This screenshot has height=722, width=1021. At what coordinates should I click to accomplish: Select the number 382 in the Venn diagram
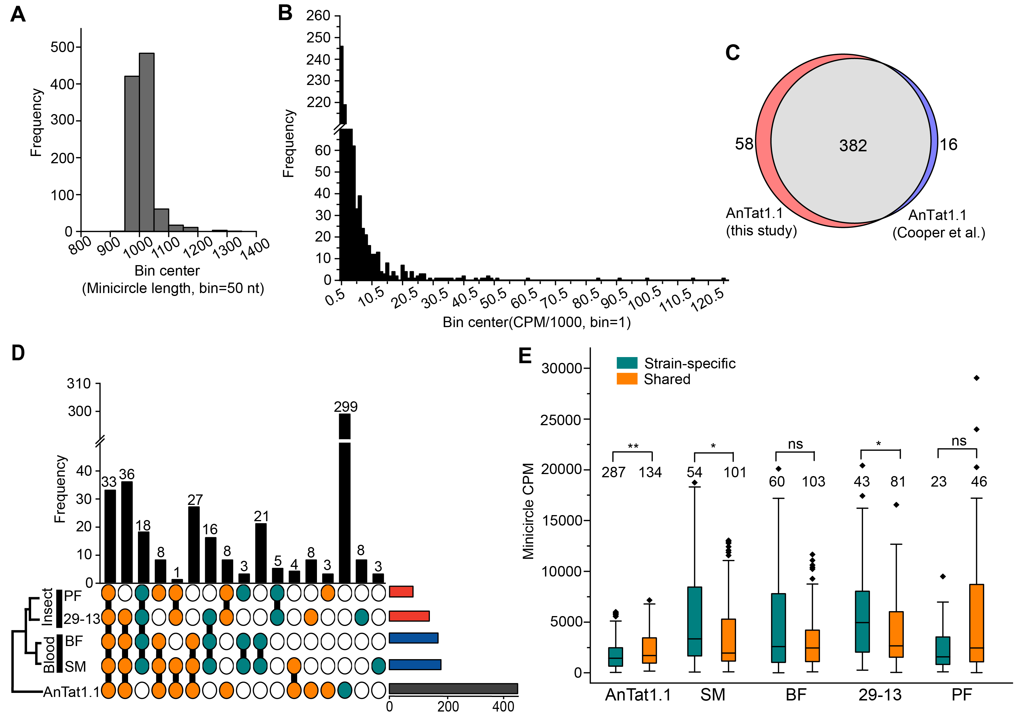click(x=852, y=146)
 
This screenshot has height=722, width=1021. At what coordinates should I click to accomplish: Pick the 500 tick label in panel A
click(x=62, y=47)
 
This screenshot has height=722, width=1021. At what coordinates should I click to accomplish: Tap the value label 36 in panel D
click(x=127, y=474)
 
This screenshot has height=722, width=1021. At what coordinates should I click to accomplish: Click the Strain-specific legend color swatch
click(x=627, y=363)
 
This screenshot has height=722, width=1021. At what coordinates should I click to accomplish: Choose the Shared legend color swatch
click(x=627, y=379)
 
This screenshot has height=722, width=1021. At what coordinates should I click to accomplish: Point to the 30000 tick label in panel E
click(x=561, y=368)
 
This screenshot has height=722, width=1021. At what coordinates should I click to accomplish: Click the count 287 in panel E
click(x=613, y=472)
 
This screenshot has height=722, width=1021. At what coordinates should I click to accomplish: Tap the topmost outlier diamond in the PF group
click(x=976, y=378)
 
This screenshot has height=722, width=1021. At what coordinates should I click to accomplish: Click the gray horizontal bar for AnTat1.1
click(x=453, y=689)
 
